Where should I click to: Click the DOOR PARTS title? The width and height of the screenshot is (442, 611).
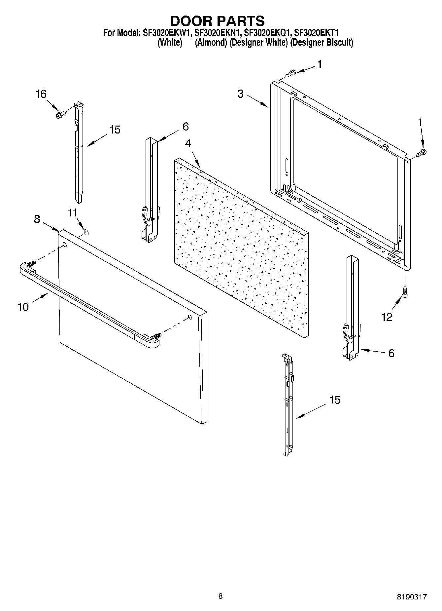[x=217, y=20]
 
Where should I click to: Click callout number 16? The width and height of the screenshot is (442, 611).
[x=41, y=94]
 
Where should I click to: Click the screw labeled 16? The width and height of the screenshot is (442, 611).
[x=60, y=114]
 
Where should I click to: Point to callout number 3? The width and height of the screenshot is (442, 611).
[x=240, y=94]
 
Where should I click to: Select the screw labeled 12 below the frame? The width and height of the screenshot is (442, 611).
[x=405, y=291]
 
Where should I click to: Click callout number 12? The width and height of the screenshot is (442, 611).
[x=387, y=317]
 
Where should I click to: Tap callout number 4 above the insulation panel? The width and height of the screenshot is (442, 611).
[x=188, y=143]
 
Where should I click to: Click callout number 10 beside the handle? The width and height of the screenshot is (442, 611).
[x=23, y=307]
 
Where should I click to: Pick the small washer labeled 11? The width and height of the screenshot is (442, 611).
[x=85, y=232]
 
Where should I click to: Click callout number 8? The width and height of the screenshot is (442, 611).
[x=37, y=219]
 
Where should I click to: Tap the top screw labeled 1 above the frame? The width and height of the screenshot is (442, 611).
[x=289, y=73]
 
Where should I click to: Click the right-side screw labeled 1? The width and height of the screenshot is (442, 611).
[x=422, y=153]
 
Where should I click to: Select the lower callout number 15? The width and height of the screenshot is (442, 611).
[x=335, y=400]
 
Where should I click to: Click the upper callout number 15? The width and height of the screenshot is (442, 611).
[x=115, y=130]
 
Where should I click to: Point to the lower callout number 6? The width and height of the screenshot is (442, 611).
[x=391, y=353]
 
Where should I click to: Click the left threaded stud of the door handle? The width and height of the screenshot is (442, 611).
[x=31, y=264]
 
